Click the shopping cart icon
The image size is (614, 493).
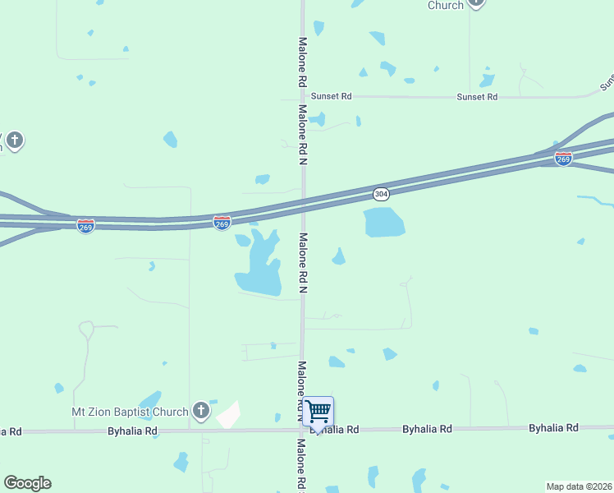[x=318, y=410]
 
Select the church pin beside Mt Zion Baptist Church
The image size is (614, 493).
[x=201, y=410]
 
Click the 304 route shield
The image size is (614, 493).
[x=381, y=194]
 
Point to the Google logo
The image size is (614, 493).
[x=27, y=483]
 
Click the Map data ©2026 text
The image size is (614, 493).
[x=580, y=486]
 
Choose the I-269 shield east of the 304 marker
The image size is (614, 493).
[x=563, y=159]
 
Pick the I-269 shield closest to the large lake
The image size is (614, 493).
[x=222, y=222]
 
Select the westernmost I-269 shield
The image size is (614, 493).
[x=85, y=224]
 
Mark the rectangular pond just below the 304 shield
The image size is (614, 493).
[x=383, y=222]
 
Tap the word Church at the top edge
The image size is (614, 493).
[x=446, y=5]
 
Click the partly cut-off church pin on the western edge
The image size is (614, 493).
[x=14, y=141]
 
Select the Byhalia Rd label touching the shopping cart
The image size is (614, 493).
[x=338, y=430]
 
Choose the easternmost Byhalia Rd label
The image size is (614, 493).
[x=553, y=428]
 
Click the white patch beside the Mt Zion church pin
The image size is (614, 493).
[x=228, y=415]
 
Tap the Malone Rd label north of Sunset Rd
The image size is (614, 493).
[x=302, y=62]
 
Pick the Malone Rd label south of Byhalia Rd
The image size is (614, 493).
[x=302, y=464]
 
